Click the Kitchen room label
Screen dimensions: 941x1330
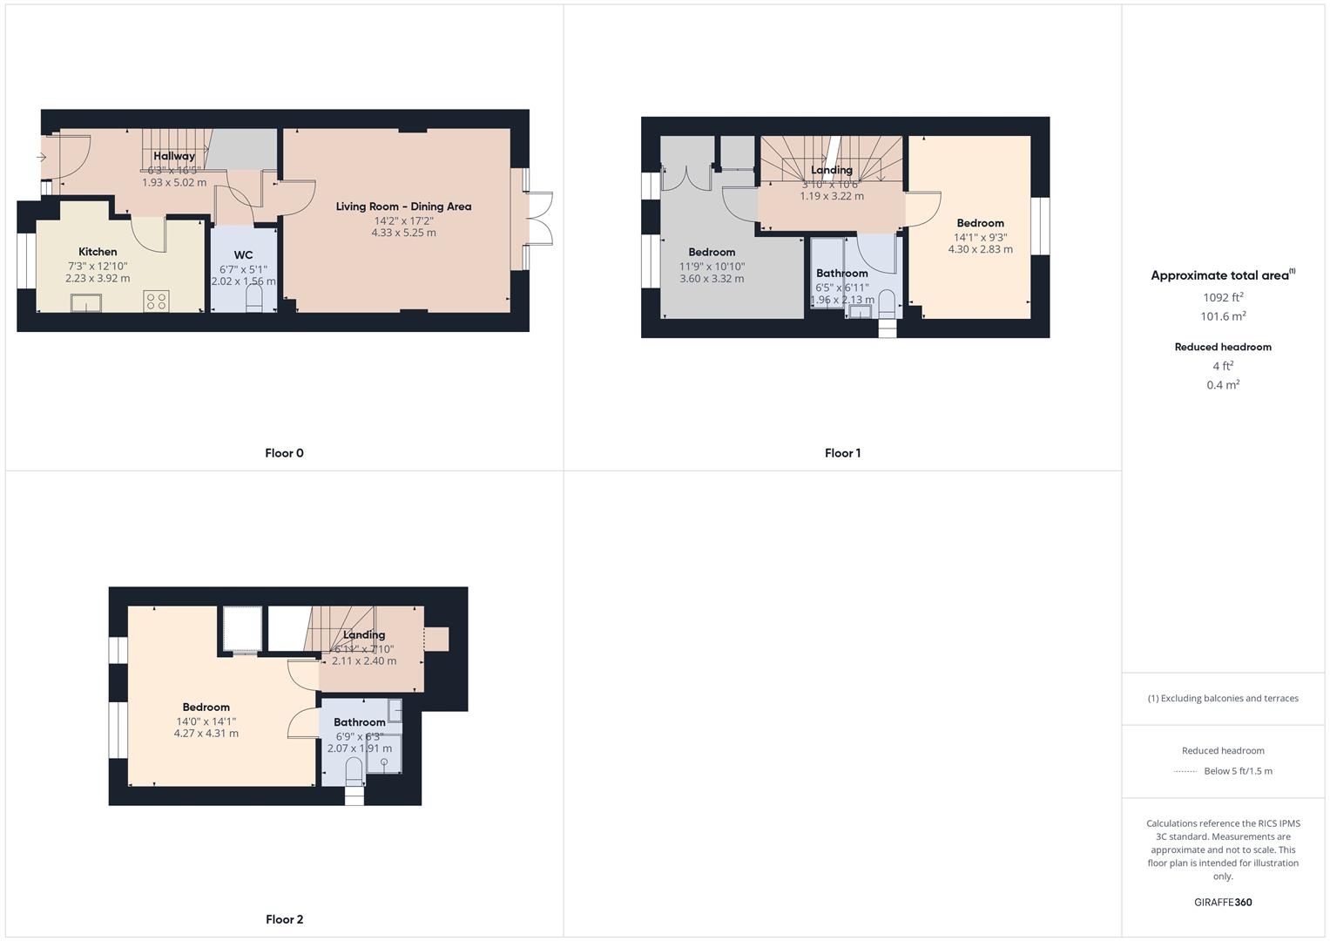tap(98, 252)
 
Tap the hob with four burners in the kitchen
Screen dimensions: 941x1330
tap(157, 301)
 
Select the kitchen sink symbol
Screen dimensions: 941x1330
tap(86, 303)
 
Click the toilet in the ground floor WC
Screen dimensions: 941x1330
tap(254, 299)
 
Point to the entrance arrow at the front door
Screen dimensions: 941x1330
tap(41, 157)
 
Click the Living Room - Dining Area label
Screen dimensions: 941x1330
tap(403, 206)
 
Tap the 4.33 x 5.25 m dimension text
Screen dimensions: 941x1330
tap(403, 233)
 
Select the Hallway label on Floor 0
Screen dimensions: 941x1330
tap(174, 156)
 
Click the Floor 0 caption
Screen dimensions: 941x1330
tap(284, 453)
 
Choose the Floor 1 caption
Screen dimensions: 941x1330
tap(842, 453)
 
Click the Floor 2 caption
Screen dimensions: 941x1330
tap(284, 919)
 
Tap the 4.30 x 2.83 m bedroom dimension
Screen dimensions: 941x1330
tap(980, 249)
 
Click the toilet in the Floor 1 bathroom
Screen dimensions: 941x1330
tap(887, 303)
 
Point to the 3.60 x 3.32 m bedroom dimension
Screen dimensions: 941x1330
tap(712, 279)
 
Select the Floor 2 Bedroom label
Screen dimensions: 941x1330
tap(206, 707)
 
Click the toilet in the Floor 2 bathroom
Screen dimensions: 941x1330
tap(354, 771)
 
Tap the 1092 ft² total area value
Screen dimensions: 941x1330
tap(1222, 297)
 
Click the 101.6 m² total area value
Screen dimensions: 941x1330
tap(1222, 316)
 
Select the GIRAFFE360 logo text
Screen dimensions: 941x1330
tap(1222, 902)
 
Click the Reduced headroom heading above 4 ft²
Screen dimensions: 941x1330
tap(1222, 347)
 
